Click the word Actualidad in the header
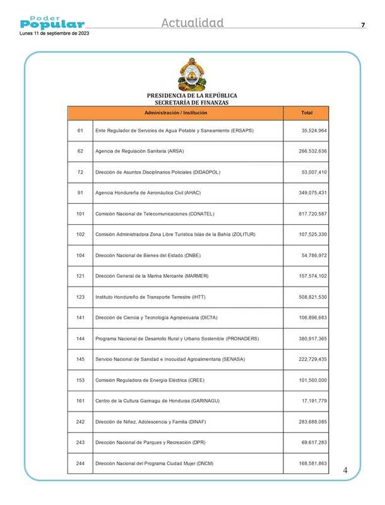click(192, 23)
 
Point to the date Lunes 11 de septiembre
click(54, 33)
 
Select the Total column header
click(307, 112)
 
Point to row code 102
click(80, 234)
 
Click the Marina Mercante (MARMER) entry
click(151, 276)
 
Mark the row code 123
click(80, 297)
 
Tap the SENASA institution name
click(170, 359)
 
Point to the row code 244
click(80, 463)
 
